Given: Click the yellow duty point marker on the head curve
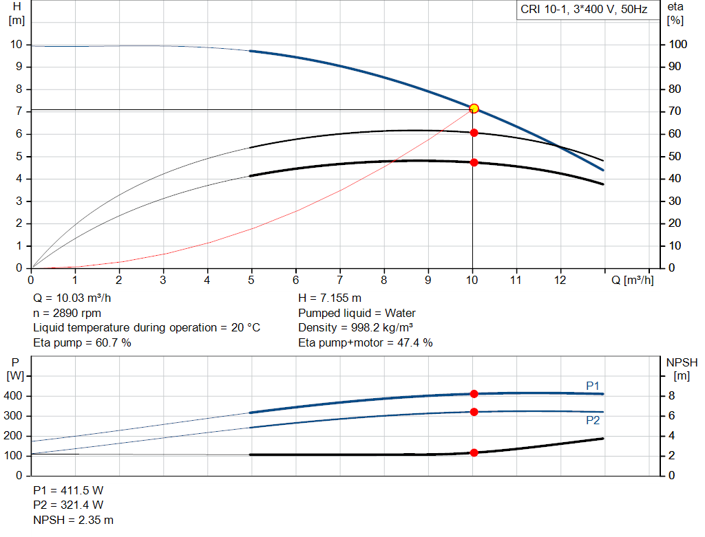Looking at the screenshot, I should point(474,109).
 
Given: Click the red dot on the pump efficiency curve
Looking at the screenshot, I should point(474,132).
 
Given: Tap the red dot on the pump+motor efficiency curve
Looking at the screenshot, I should point(474,162).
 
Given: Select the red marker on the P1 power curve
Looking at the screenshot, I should point(474,394).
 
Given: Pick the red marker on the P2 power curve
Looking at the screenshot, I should point(474,412).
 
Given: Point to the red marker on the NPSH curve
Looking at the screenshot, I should point(474,452).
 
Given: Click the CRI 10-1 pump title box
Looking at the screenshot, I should point(583,10).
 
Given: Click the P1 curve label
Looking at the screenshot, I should point(593,386).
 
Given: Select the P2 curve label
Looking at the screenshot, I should point(593,420).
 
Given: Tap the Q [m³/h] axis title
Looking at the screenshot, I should point(633,280).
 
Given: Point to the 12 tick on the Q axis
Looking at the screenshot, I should point(560,280).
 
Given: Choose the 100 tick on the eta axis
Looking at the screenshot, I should point(678,45).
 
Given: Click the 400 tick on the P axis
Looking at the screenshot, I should point(14,396).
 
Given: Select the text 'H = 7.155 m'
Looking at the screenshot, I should point(330,298).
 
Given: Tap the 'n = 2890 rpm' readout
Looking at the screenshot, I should point(67,313).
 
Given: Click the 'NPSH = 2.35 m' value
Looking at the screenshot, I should point(74,520).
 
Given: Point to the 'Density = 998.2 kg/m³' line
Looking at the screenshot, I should point(356,327).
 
